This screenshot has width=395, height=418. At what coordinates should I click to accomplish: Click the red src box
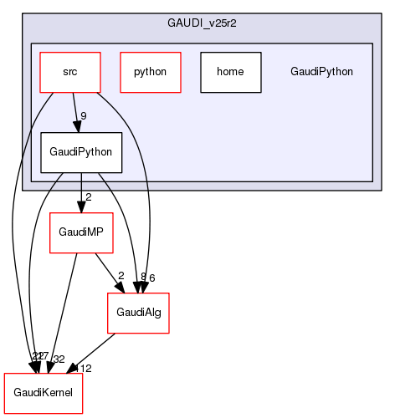point(70,72)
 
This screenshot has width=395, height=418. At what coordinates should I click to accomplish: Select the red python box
point(149,72)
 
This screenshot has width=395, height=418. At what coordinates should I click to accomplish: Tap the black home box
point(230,72)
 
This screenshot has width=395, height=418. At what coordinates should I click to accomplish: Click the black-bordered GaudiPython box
point(81,153)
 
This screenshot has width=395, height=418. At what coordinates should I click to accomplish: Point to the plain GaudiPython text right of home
point(321,72)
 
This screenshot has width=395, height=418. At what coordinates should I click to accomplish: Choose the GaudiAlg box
point(137,313)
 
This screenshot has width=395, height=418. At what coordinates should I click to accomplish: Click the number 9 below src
point(84,116)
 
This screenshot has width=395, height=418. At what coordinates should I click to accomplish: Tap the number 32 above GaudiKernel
point(59,359)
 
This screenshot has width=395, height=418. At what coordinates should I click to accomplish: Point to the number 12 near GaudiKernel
point(85,369)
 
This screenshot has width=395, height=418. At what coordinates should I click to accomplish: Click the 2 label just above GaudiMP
point(88,197)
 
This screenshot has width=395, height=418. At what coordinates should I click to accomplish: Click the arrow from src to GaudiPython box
point(76,112)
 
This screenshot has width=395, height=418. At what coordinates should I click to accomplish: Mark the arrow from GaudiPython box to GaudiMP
point(81,192)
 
